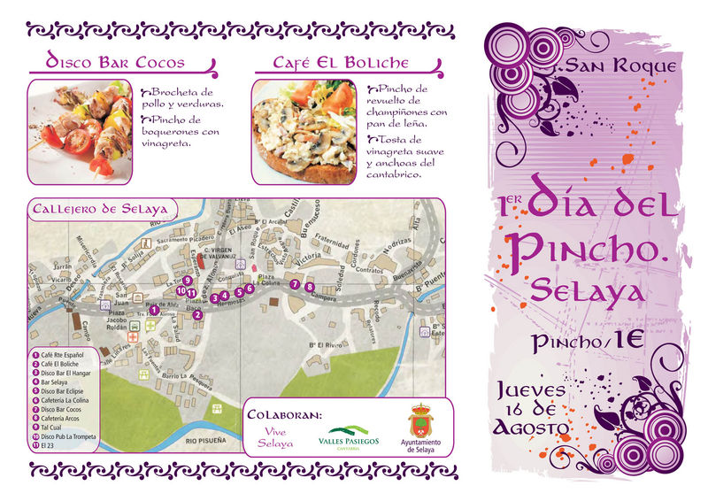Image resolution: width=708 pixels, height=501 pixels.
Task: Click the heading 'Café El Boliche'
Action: (x=341, y=63)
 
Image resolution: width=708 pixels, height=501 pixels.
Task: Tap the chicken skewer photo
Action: (x=81, y=124)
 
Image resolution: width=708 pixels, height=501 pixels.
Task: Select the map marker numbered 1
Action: (x=154, y=310)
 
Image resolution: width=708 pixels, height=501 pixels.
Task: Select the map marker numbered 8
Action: (x=309, y=287)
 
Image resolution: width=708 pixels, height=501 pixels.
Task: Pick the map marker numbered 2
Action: (x=198, y=314)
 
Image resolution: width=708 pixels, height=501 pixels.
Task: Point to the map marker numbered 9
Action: (x=188, y=280)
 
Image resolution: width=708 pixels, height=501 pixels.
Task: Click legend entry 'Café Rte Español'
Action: (x=64, y=354)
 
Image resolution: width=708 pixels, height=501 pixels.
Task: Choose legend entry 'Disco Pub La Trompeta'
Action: (x=69, y=436)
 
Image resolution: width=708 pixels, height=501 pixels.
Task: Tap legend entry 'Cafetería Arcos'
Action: (x=63, y=418)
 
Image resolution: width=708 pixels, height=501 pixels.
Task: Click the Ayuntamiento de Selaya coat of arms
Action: (x=420, y=420)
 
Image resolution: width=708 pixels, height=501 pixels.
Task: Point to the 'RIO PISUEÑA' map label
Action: (x=206, y=439)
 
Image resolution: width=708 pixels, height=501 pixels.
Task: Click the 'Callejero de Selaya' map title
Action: (x=103, y=210)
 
